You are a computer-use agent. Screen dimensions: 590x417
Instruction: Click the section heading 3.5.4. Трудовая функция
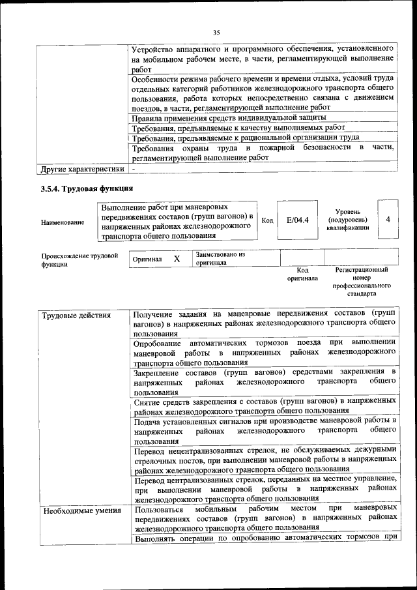[x=86, y=189]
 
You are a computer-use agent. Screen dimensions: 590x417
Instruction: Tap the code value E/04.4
[x=297, y=220]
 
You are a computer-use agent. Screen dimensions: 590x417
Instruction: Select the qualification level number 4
[x=388, y=220]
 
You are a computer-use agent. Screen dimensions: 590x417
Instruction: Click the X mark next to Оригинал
[x=177, y=259]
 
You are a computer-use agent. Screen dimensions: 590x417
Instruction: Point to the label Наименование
[x=63, y=222]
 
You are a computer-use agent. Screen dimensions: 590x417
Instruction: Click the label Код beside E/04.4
[x=267, y=220]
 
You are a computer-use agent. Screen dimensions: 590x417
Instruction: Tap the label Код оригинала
[x=302, y=274]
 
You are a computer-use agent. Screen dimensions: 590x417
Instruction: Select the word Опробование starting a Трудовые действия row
[x=156, y=343]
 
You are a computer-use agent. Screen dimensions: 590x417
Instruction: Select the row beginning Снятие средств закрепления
[x=263, y=406]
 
